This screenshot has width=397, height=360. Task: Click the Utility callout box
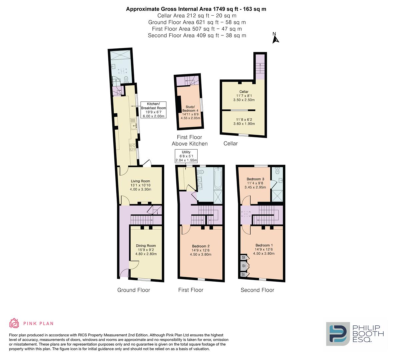tap(186, 156)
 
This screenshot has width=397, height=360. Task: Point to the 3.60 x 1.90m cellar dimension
tap(244, 124)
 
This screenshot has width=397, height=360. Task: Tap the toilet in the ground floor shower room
tap(126, 79)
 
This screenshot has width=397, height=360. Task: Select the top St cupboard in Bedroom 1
tap(244, 257)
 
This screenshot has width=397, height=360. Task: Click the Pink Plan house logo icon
tap(14, 323)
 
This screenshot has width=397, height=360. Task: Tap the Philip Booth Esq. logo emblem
tap(337, 334)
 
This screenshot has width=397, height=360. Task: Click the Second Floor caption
tap(257, 290)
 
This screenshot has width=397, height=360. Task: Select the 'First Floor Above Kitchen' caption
tap(189, 140)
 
